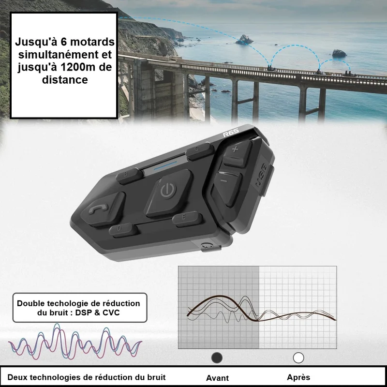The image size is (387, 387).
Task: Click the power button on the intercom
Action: pyautogui.click(x=169, y=193)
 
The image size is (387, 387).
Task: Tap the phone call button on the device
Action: pyautogui.click(x=103, y=209)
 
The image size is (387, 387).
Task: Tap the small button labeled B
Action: pyautogui.click(x=130, y=176)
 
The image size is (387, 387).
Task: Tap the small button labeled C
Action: pyautogui.click(x=200, y=150)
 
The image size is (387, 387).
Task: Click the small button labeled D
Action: pyautogui.click(x=123, y=230)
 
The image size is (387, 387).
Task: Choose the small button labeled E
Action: pyautogui.click(x=187, y=219)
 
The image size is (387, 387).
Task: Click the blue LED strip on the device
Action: pyautogui.click(x=165, y=165)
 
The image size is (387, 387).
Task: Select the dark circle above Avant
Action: pyautogui.click(x=217, y=358)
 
